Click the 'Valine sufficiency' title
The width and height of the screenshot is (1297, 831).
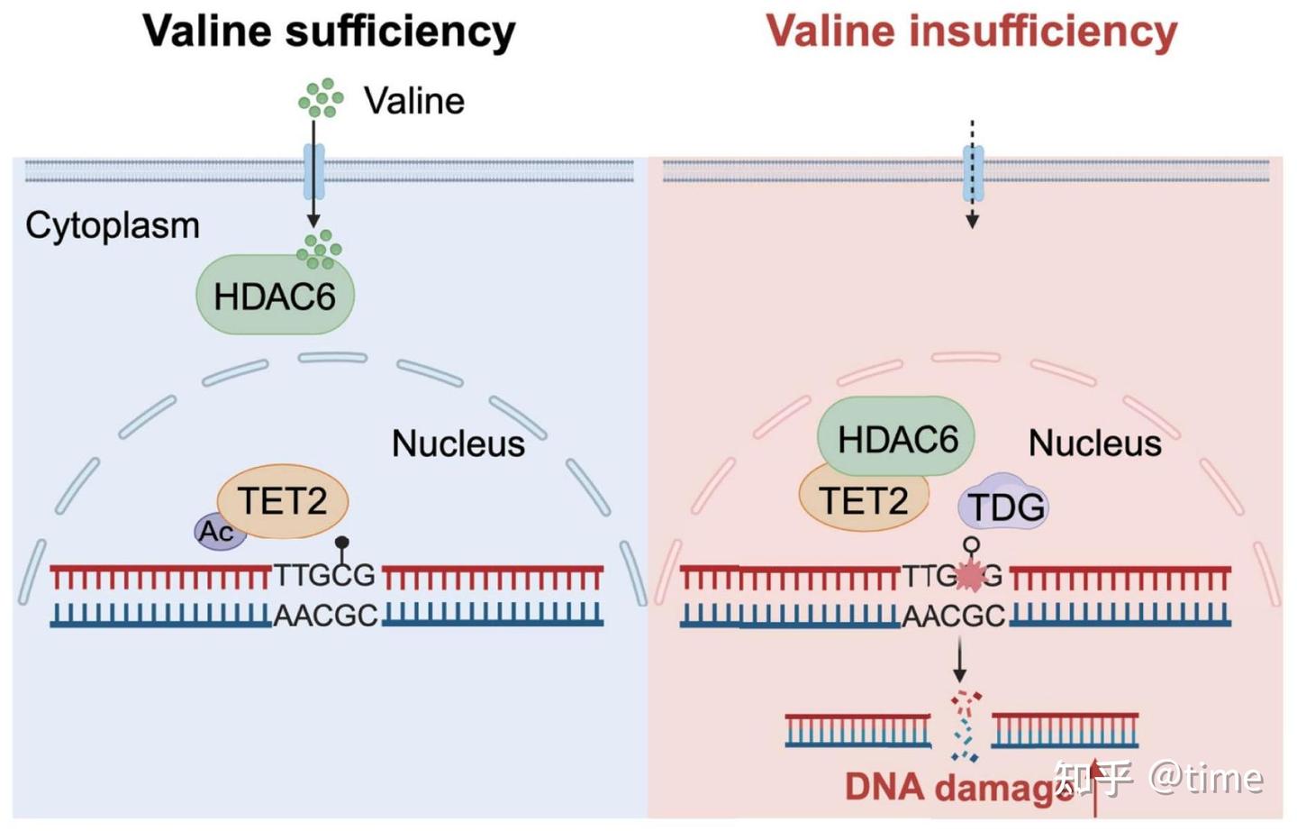pos(329,31)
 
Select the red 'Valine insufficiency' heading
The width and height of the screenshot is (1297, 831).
pos(971,31)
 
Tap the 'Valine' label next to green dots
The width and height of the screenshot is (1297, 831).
pos(413,101)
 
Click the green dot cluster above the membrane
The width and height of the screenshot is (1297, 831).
pos(321,98)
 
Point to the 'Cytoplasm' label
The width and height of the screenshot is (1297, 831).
pos(113,225)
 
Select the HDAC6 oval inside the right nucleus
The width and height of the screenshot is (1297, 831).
pos(896,438)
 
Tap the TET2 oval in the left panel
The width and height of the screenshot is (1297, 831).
pos(283,501)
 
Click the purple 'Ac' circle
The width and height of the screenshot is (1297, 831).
pos(216,532)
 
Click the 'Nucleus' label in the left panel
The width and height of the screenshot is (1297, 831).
pos(458,443)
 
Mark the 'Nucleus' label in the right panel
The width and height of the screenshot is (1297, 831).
pos(1094,443)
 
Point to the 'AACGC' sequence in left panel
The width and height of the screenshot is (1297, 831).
pos(325,616)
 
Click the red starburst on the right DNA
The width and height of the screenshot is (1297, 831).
pos(970,576)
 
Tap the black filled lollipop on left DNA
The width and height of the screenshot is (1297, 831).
pos(342,543)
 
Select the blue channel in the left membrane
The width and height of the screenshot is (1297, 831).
pos(313,171)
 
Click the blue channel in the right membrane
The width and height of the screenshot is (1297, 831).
pos(973,173)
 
